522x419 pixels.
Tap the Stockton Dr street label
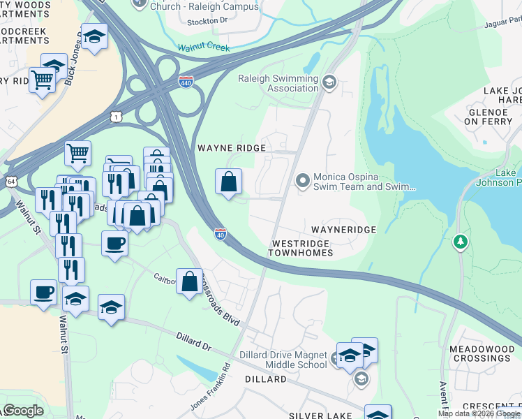208,22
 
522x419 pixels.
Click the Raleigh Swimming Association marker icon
329,84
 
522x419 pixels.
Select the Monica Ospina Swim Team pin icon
302,182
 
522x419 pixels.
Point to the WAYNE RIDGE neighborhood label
232,148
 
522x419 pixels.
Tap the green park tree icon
460,242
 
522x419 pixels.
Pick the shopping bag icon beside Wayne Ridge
228,182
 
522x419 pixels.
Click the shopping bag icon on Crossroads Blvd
189,281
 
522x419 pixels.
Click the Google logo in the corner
24,410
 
